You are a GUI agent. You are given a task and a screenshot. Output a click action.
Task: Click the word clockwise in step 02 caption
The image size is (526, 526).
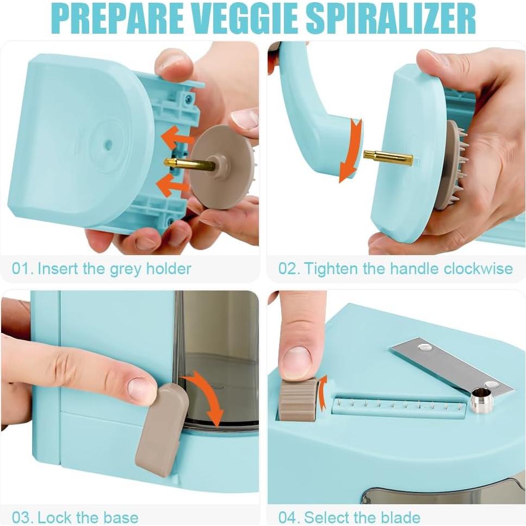click(x=478, y=268)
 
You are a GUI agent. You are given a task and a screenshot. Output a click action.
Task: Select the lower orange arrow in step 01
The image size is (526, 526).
click(x=172, y=185)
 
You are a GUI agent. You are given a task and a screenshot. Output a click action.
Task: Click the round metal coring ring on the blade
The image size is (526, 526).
click(x=481, y=401)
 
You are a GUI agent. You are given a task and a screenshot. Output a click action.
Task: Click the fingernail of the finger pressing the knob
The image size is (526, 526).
click(x=297, y=361)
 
